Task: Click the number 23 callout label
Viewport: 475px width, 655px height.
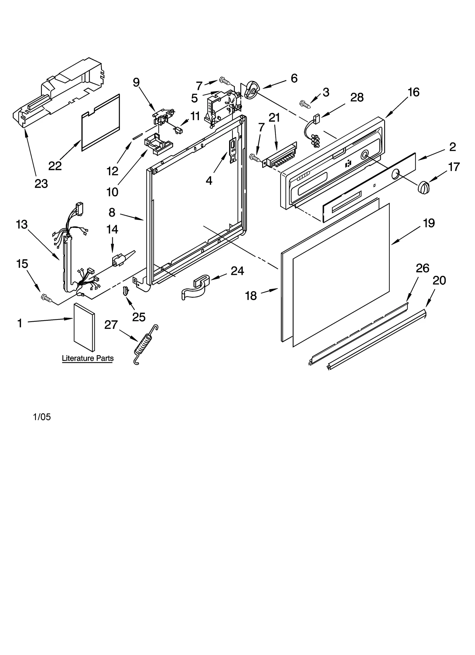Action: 41,184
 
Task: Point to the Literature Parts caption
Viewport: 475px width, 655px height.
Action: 88,358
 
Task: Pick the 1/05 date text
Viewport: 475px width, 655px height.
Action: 42,417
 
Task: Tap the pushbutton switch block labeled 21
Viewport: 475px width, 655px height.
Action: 281,157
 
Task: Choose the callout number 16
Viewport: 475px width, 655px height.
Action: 413,92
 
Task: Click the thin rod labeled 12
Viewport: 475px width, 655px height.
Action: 138,136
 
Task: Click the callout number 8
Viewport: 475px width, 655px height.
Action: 112,212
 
